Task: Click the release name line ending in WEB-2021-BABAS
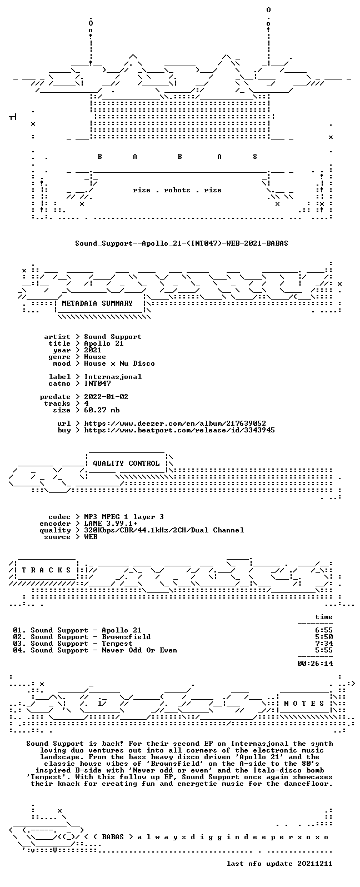[181, 243]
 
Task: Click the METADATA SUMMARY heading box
[97, 303]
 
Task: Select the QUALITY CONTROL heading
[126, 464]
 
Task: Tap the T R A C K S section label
[46, 570]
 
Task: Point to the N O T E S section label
[304, 703]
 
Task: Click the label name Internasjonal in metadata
[113, 377]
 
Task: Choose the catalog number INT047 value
[97, 383]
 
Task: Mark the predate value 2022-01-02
[106, 397]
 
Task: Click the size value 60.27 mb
[102, 410]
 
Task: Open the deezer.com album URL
[175, 423]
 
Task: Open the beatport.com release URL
[179, 430]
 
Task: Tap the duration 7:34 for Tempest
[324, 644]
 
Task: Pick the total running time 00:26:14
[315, 664]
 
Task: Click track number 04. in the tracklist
[20, 651]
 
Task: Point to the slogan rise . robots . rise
[177, 191]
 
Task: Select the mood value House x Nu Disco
[119, 363]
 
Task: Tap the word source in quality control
[57, 537]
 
